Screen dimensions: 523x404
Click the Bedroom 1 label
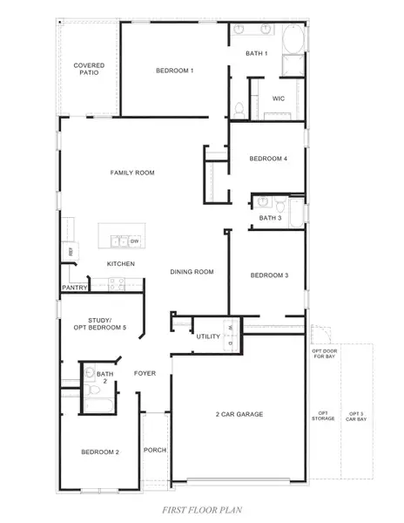174,70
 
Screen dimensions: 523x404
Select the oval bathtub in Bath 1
292,38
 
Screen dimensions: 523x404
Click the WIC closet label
279,98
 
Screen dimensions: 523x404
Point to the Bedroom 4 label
267,159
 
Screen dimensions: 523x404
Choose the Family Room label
132,173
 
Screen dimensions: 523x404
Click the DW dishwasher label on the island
135,241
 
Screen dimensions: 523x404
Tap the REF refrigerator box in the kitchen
69,252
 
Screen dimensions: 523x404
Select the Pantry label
73,287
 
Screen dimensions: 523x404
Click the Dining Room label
192,272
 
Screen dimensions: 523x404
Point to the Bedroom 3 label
268,275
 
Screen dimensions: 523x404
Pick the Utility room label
208,336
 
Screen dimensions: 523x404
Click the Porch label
156,450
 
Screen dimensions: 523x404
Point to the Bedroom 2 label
99,452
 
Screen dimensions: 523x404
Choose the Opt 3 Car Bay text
355,416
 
